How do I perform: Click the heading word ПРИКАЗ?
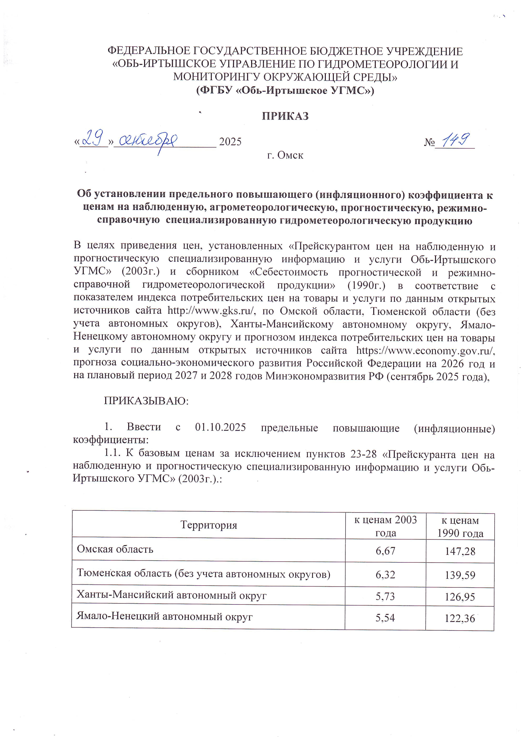click(285, 116)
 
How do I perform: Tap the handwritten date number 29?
click(93, 138)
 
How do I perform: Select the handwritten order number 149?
click(456, 140)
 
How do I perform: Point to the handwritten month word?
click(148, 141)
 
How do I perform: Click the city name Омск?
click(290, 155)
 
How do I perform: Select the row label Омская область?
click(115, 549)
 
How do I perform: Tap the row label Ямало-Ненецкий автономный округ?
click(164, 616)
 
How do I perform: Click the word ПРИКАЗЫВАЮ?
click(146, 401)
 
